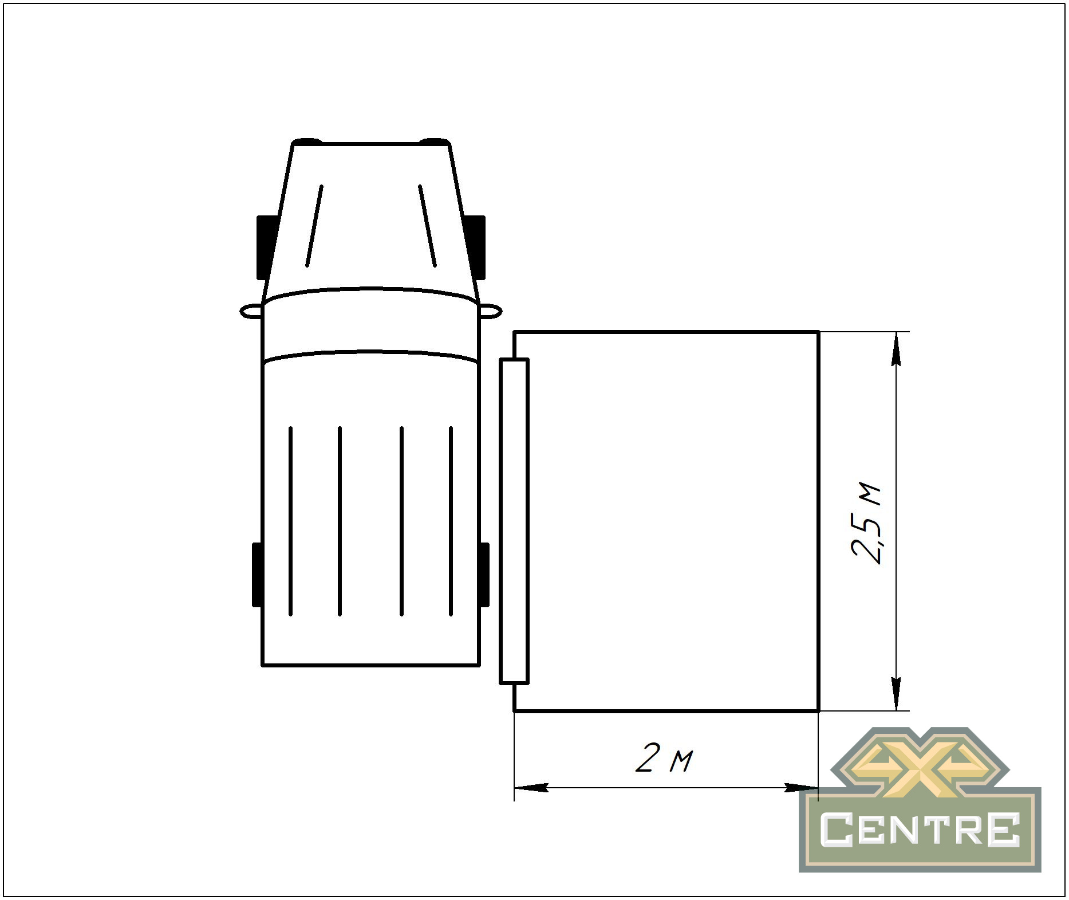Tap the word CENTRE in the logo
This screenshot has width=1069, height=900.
click(920, 830)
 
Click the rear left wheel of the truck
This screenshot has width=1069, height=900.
click(257, 575)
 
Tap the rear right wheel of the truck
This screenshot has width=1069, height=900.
click(484, 575)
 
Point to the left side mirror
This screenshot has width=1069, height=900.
click(251, 311)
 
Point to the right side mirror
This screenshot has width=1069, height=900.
click(491, 311)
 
